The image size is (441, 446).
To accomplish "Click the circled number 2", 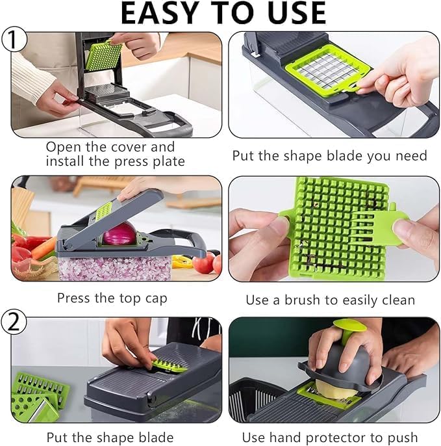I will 15,322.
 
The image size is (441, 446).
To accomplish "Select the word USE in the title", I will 293,14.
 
